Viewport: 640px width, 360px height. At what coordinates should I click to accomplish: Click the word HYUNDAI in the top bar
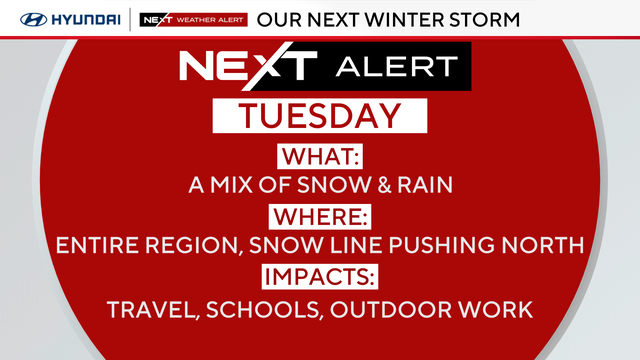coord(81,18)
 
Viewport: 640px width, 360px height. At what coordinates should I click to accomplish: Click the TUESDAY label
coord(319,116)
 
